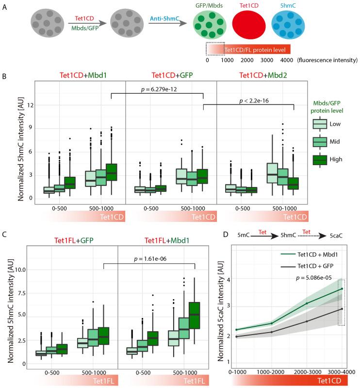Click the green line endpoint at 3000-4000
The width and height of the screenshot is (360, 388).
342,288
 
